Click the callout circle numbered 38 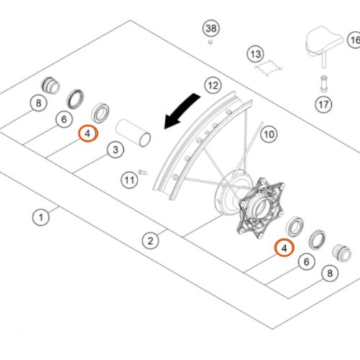pyautogui.click(x=211, y=28)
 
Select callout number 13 pyautogui.click(x=256, y=54)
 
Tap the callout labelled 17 pyautogui.click(x=323, y=104)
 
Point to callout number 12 pyautogui.click(x=213, y=86)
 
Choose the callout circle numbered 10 pyautogui.click(x=269, y=135)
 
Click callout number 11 pyautogui.click(x=130, y=180)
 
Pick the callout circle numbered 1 pyautogui.click(x=41, y=217)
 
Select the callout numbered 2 pyautogui.click(x=150, y=240)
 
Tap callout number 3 pyautogui.click(x=115, y=150)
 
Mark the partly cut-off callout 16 pyautogui.click(x=354, y=40)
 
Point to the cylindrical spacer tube pyautogui.click(x=133, y=133)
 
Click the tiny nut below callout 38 pyautogui.click(x=210, y=42)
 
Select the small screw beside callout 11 pyautogui.click(x=143, y=172)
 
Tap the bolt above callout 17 pyautogui.click(x=323, y=84)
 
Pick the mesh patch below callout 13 pyautogui.click(x=269, y=66)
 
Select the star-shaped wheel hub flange pyautogui.click(x=261, y=207)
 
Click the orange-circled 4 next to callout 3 pyautogui.click(x=89, y=133)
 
